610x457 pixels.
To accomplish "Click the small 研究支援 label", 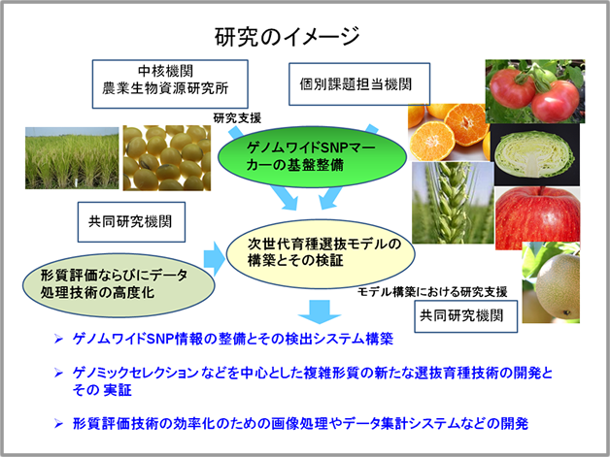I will point(237,117).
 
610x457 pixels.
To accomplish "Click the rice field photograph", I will point(69,159).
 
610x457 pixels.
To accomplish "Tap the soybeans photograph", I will point(166,159).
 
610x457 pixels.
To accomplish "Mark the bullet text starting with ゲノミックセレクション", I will point(311,380).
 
